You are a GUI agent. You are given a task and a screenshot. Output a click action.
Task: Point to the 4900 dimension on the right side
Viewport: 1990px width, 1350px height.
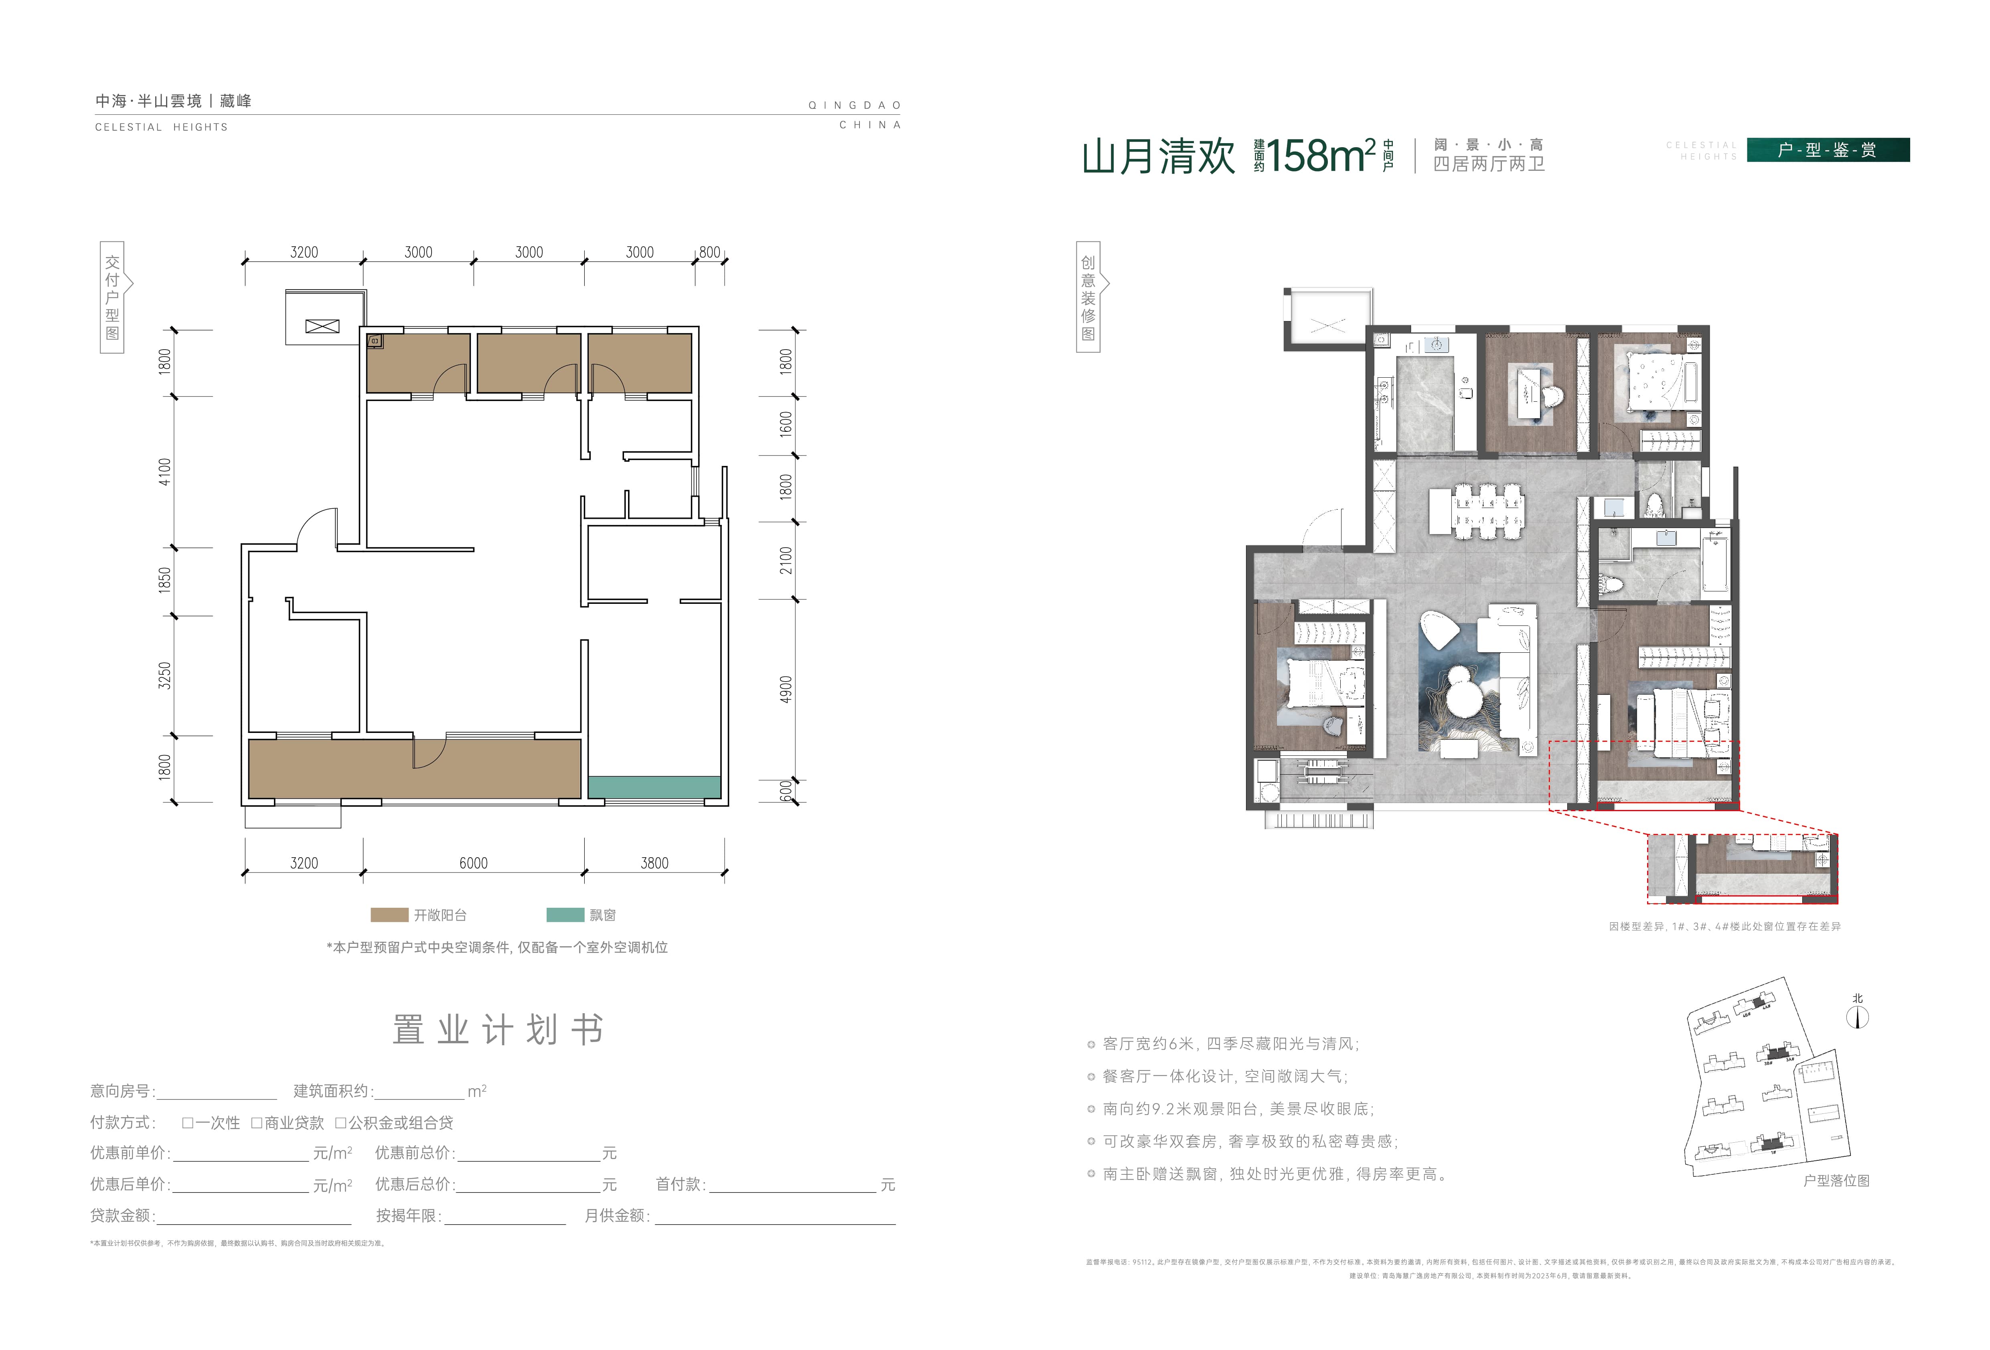pos(785,690)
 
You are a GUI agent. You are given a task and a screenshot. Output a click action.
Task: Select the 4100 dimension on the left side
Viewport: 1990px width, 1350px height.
pos(164,472)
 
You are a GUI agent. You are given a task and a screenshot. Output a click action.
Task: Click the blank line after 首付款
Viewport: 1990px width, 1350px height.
pos(792,1185)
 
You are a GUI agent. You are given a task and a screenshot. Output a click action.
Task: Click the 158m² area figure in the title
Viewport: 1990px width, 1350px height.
pos(1320,156)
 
